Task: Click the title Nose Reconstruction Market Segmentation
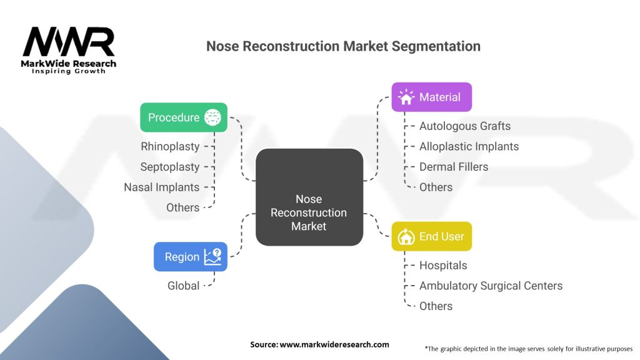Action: [x=343, y=46]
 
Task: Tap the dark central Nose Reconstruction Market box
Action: [x=309, y=197]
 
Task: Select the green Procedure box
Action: [x=183, y=117]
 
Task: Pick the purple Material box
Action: [x=431, y=97]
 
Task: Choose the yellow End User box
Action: [x=431, y=236]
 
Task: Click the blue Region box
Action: [x=190, y=257]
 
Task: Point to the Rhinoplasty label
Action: [x=170, y=146]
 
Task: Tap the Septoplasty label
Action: [x=170, y=167]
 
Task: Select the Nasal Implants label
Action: [x=161, y=187]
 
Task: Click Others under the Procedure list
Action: [x=182, y=207]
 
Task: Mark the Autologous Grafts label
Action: [x=464, y=126]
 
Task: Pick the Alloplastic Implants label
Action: [x=469, y=146]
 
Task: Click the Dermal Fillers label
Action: [x=454, y=167]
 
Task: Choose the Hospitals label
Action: [x=443, y=265]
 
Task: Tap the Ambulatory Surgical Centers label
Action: [x=491, y=286]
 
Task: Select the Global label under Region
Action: [x=183, y=286]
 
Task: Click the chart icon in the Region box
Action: [x=212, y=257]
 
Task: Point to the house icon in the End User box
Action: [x=406, y=236]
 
